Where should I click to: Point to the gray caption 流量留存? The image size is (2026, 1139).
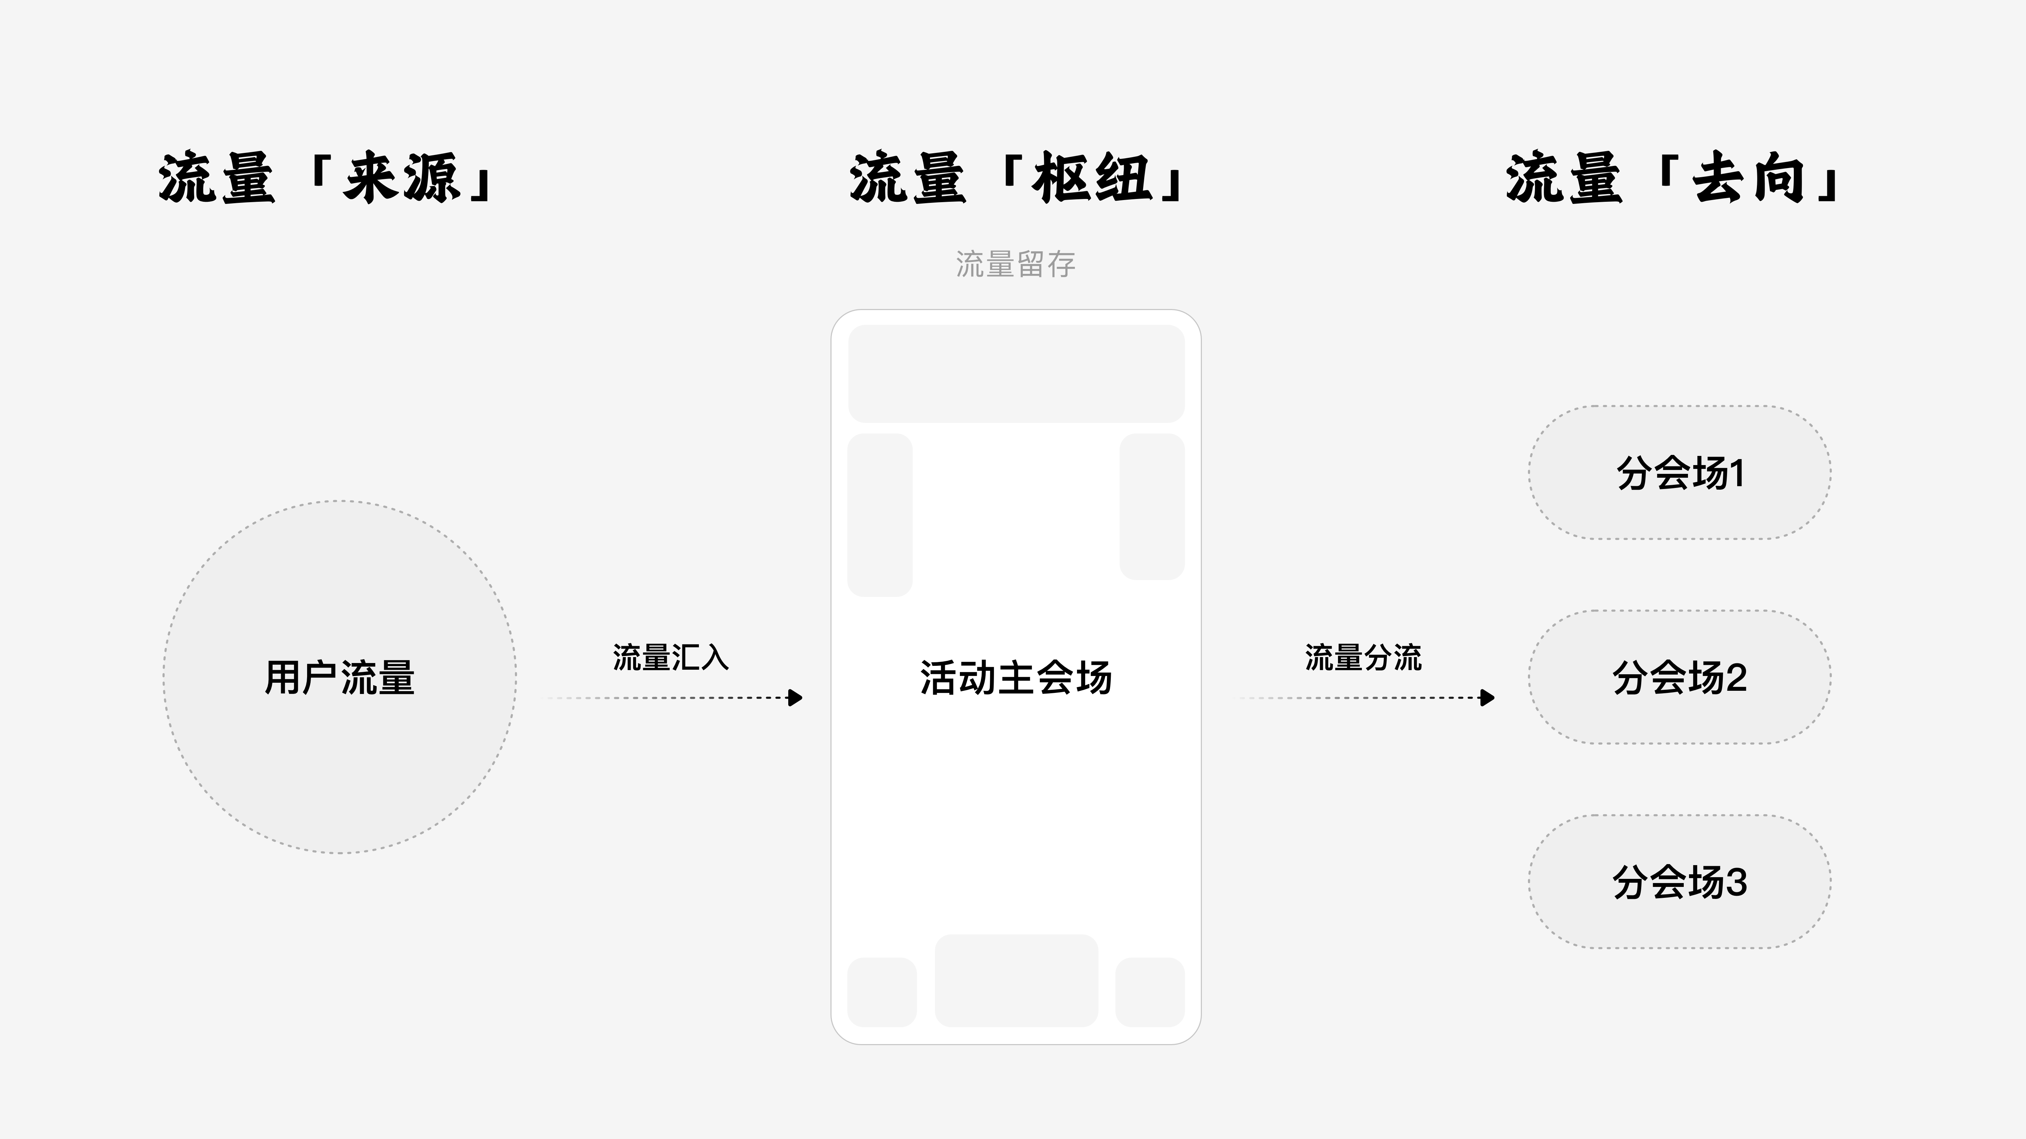coord(1015,264)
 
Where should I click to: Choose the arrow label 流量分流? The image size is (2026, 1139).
coord(1363,657)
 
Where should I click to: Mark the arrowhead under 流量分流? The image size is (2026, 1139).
coord(1487,697)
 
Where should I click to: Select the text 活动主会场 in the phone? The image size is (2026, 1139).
coord(1016,677)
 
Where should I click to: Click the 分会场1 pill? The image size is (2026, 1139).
coord(1680,472)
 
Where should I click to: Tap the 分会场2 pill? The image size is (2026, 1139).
coord(1680,677)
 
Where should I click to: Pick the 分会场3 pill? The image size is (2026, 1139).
coord(1680,881)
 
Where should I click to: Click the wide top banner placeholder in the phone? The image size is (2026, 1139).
coord(1016,373)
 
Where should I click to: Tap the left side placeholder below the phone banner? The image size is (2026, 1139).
coord(880,515)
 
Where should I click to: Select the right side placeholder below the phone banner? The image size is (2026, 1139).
coord(1152,506)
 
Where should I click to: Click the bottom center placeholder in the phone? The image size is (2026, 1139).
coord(1016,980)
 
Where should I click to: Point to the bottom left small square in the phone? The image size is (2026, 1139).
coord(882,992)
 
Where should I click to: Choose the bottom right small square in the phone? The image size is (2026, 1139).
coord(1150,992)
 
